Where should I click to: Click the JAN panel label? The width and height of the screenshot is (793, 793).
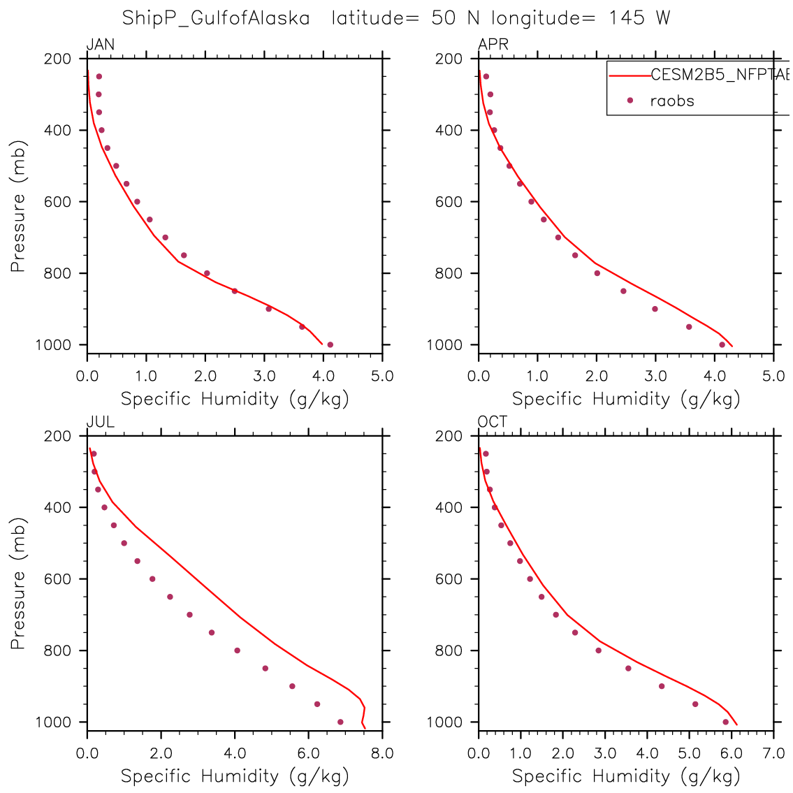pyautogui.click(x=101, y=45)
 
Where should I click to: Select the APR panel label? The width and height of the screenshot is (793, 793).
pyautogui.click(x=493, y=45)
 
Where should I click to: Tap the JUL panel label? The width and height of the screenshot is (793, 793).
pyautogui.click(x=101, y=422)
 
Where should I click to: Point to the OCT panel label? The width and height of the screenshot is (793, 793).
pyautogui.click(x=493, y=422)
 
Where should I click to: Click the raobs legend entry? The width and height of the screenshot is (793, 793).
pyautogui.click(x=672, y=101)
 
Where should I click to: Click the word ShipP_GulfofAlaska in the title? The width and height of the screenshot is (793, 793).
pyautogui.click(x=216, y=18)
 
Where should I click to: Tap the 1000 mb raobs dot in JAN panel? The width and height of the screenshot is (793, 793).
pyautogui.click(x=330, y=344)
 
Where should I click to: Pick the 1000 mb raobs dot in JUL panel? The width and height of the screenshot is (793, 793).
pyautogui.click(x=340, y=722)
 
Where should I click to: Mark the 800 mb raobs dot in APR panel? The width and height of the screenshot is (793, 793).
pyautogui.click(x=597, y=273)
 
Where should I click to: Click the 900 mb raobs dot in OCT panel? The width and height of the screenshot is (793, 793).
pyautogui.click(x=662, y=686)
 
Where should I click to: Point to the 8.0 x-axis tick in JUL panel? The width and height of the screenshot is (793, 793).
pyautogui.click(x=382, y=754)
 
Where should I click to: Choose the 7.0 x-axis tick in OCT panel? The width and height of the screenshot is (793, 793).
pyautogui.click(x=773, y=754)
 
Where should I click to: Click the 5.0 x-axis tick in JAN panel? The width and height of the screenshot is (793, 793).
pyautogui.click(x=382, y=377)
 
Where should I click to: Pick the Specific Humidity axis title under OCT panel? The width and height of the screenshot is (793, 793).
pyautogui.click(x=626, y=776)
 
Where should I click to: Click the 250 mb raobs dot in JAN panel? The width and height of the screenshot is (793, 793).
pyautogui.click(x=99, y=77)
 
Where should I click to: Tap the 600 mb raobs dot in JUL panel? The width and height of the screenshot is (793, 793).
pyautogui.click(x=152, y=579)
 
